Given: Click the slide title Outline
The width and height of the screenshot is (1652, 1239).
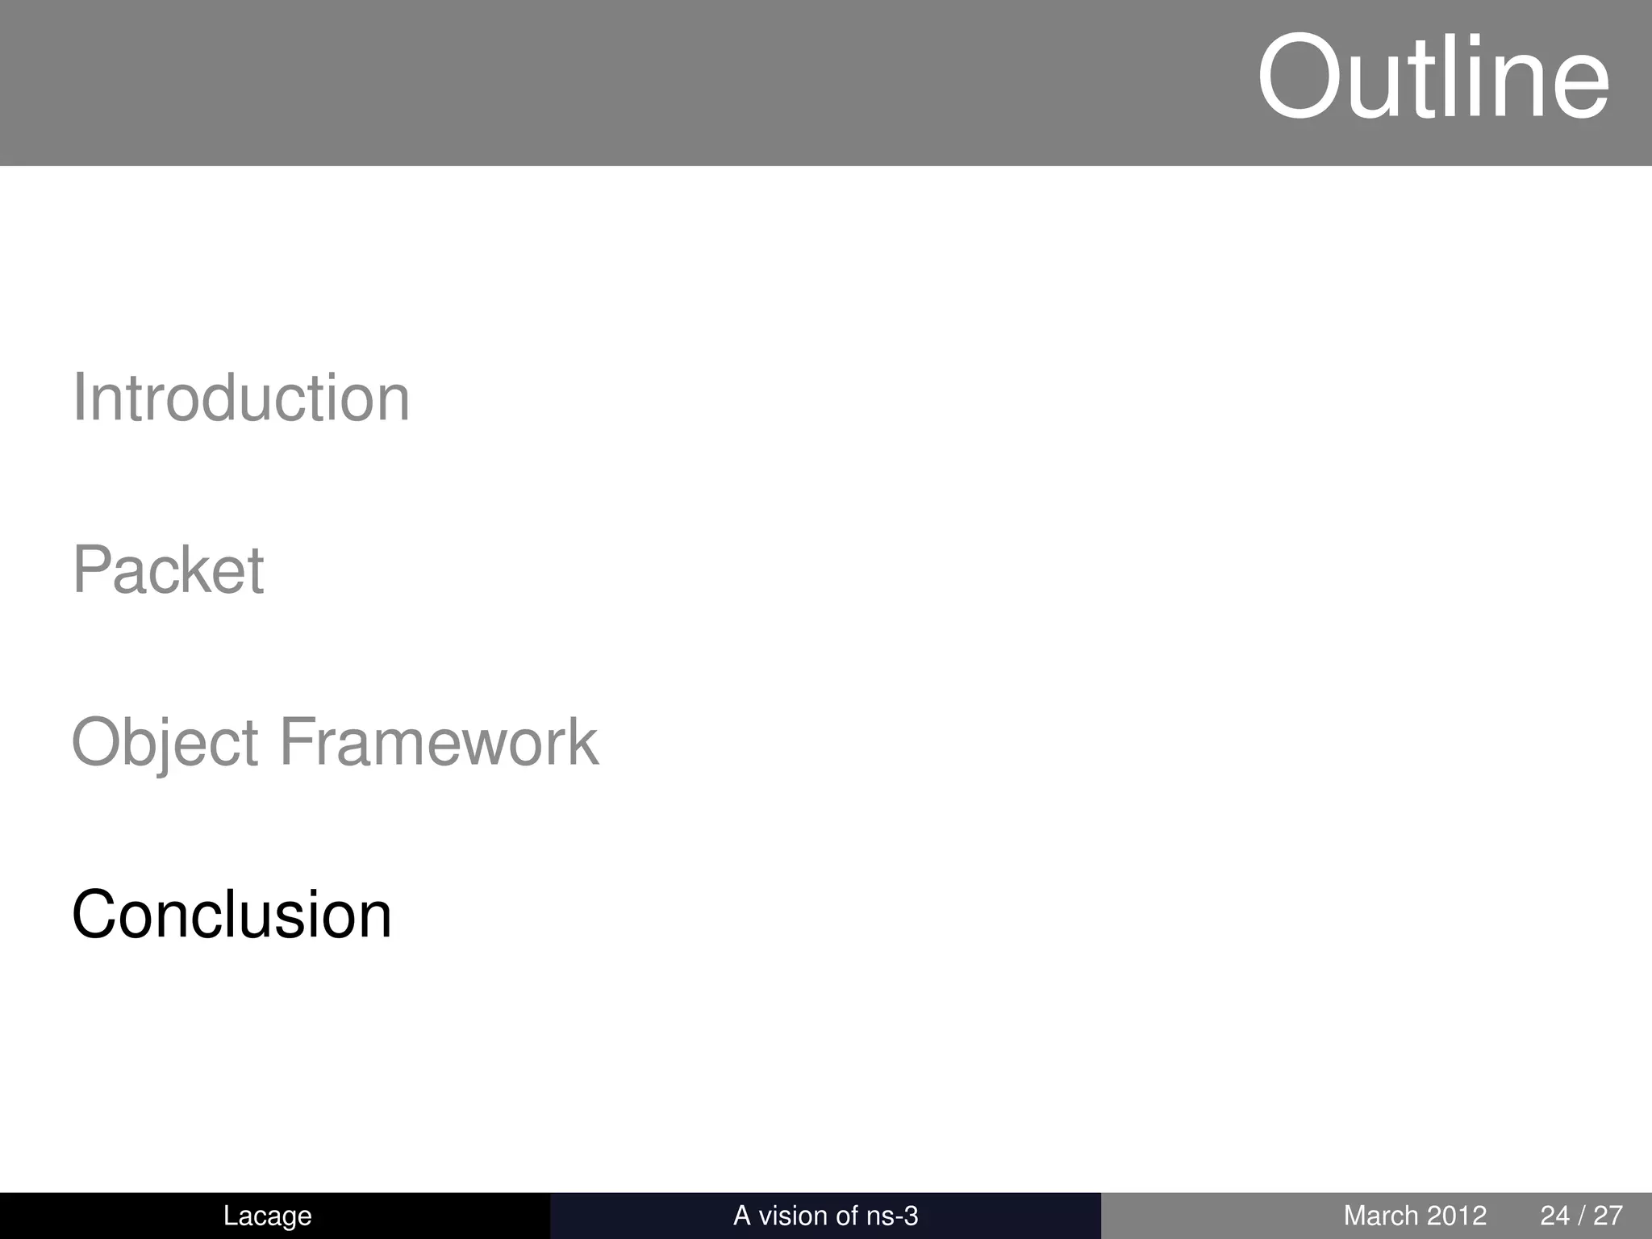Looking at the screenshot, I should point(1433,78).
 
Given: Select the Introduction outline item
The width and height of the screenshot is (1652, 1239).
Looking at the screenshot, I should point(241,398).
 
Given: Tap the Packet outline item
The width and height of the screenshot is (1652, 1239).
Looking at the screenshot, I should point(168,570).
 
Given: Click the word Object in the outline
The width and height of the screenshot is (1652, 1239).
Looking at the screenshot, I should point(165,743).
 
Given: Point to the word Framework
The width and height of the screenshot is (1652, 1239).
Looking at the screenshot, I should point(438,742).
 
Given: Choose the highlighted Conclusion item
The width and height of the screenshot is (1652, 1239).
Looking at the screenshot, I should point(232,915).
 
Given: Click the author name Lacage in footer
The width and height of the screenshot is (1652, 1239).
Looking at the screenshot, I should point(267,1216).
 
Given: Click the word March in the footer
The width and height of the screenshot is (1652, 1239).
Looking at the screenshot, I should point(1380,1216).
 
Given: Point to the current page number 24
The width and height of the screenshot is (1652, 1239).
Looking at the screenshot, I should point(1555,1216).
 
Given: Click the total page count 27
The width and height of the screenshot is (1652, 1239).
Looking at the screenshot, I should point(1607,1216).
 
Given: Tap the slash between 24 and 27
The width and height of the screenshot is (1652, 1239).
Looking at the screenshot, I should point(1581,1216).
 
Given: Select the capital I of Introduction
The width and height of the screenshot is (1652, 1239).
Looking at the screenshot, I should point(78,398).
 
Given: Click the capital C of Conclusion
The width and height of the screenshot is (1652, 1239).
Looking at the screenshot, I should point(97,915).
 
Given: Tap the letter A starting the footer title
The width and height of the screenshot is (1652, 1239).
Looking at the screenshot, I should point(741,1216).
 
